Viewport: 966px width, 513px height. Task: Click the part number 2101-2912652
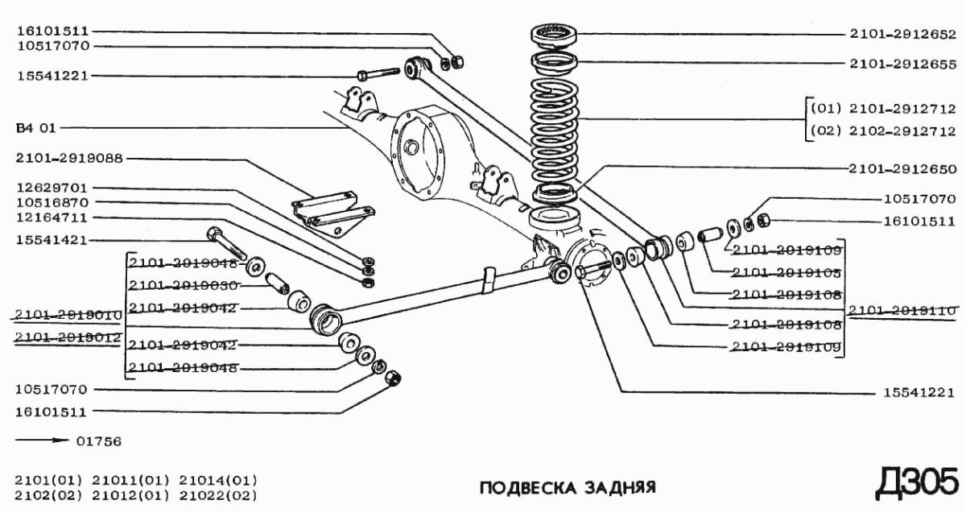pos(902,35)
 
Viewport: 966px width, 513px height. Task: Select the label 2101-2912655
pos(902,62)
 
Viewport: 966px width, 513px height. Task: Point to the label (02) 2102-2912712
pos(882,130)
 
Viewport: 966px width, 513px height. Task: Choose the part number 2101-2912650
pos(902,169)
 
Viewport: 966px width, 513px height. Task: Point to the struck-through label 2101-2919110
pos(902,309)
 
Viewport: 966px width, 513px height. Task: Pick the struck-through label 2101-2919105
pos(784,273)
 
